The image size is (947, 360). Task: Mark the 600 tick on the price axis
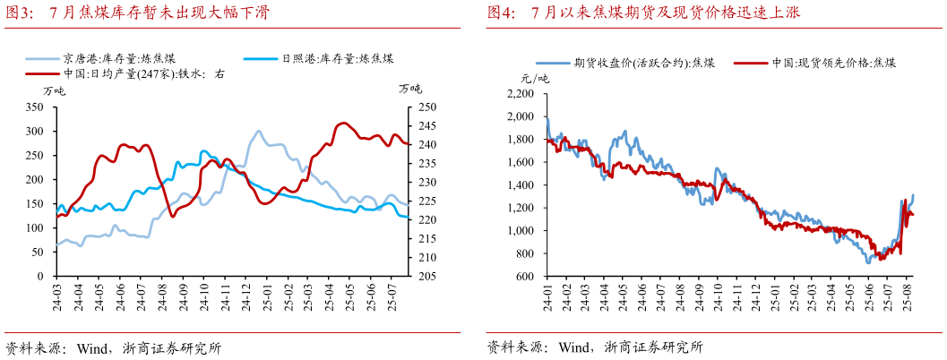click(x=523, y=277)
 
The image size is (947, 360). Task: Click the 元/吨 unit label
click(x=535, y=79)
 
